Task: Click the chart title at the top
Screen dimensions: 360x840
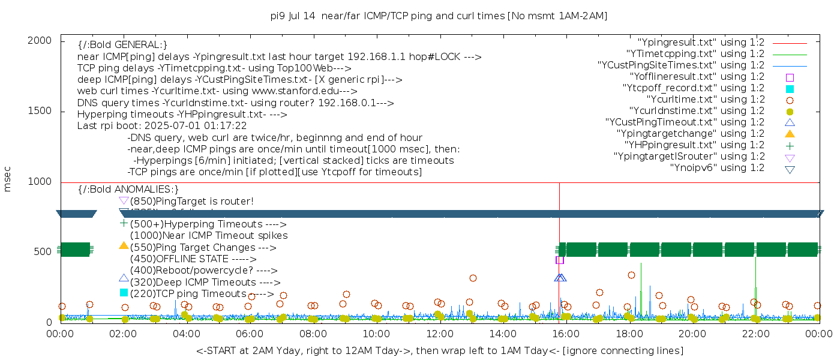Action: click(439, 16)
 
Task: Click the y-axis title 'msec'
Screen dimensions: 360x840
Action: click(8, 181)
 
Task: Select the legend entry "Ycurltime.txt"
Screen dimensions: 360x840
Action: click(705, 100)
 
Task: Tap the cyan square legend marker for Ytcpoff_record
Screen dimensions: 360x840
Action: click(790, 88)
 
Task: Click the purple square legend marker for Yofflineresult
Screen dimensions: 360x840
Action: click(790, 77)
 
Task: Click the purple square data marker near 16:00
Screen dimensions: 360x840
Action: click(560, 260)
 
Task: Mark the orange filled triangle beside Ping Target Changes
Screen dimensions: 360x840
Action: click(124, 245)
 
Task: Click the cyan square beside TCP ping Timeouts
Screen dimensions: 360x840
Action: click(124, 292)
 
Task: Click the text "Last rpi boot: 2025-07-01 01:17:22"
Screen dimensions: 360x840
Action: click(162, 126)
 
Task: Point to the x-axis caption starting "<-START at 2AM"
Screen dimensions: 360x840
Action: click(439, 350)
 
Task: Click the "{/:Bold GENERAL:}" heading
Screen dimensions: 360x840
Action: click(122, 45)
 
